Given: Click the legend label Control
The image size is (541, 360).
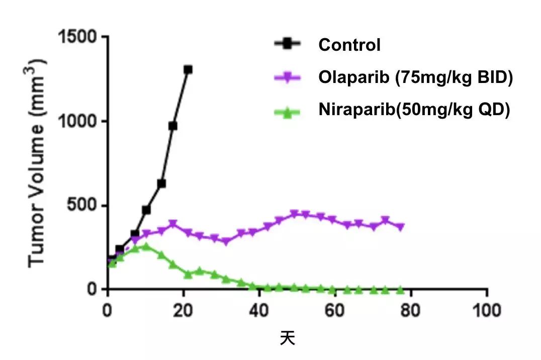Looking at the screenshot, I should tap(349, 45).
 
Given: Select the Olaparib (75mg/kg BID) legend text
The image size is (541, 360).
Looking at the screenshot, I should tap(415, 78).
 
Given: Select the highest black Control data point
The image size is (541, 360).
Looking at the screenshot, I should tap(188, 69).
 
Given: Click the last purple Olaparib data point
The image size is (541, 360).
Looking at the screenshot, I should tap(400, 227).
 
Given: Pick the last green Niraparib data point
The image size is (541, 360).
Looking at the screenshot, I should tap(400, 290).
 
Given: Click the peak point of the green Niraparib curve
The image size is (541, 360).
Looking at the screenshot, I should tap(146, 246).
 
